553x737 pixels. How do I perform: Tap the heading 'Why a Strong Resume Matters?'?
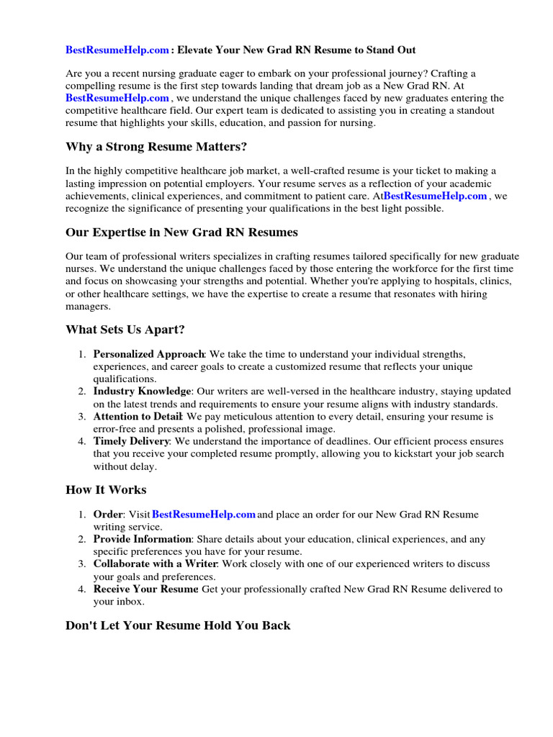[156, 147]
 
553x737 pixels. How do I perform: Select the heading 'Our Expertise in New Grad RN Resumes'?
[181, 232]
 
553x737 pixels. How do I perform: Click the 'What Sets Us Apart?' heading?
[125, 330]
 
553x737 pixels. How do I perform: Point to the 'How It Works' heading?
[106, 490]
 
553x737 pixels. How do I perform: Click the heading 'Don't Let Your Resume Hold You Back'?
[178, 625]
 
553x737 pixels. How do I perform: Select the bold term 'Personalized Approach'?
[148, 355]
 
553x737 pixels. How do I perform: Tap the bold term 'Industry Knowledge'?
[142, 392]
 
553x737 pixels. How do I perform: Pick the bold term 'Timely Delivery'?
[131, 441]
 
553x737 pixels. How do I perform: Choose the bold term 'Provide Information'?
[142, 539]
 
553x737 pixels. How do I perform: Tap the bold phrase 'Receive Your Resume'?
[145, 589]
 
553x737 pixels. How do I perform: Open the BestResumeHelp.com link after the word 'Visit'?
[204, 515]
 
